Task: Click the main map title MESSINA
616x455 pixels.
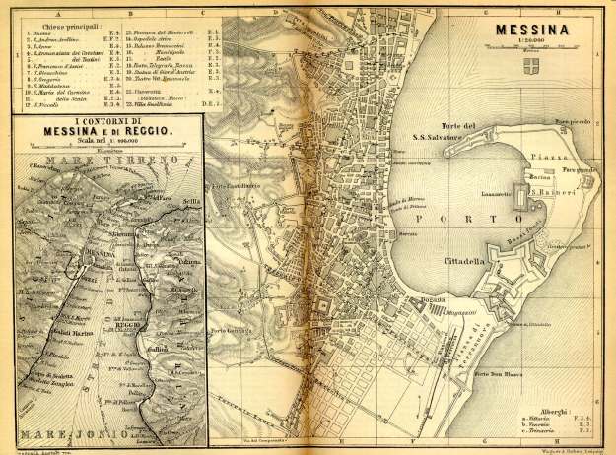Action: (x=551, y=29)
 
